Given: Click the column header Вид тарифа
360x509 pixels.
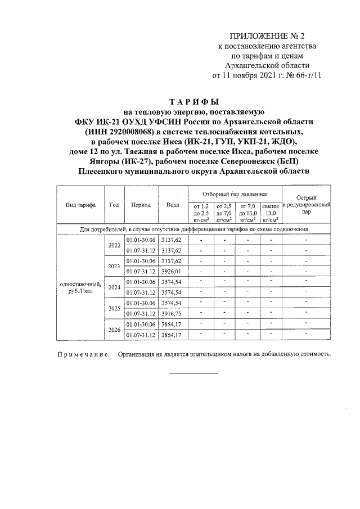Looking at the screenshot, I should tap(80, 205).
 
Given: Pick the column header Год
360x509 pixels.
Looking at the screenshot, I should tap(114, 205).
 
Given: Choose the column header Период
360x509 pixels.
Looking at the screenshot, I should tap(141, 205).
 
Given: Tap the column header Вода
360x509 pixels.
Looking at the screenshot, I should tap(173, 205).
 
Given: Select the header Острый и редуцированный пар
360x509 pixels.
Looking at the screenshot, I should tap(306, 205).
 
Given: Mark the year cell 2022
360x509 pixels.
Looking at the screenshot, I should tap(114, 245).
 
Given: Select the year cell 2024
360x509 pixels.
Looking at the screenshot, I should tap(114, 287).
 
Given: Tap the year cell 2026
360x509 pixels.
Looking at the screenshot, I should tap(114, 330).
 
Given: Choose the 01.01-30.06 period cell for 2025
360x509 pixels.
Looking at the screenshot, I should tap(141, 303).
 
